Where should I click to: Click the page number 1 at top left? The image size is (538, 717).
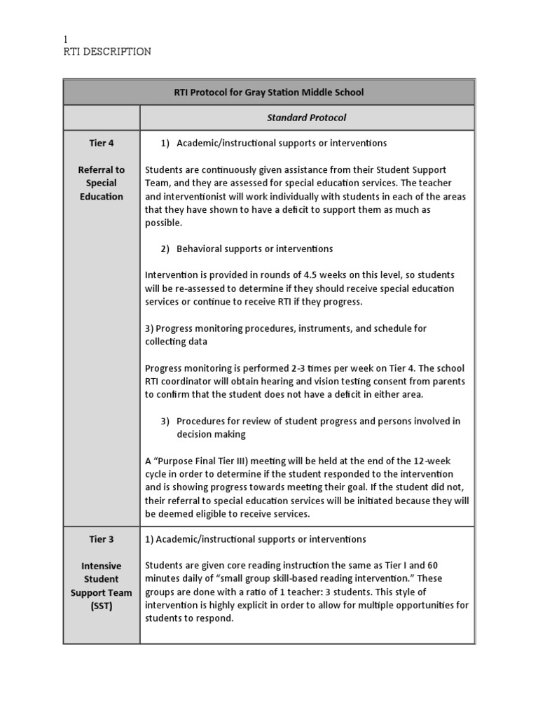point(66,40)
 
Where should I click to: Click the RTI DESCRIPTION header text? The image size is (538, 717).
point(106,53)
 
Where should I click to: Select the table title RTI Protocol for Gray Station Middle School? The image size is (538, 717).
point(269,92)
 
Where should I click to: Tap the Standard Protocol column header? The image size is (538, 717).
point(306,118)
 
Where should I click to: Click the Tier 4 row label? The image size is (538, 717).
point(101,144)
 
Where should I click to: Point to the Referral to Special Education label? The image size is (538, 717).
point(101,183)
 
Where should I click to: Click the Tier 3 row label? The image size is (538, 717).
point(101,539)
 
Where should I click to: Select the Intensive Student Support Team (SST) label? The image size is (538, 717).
point(101,585)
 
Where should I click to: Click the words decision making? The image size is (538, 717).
point(211,434)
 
